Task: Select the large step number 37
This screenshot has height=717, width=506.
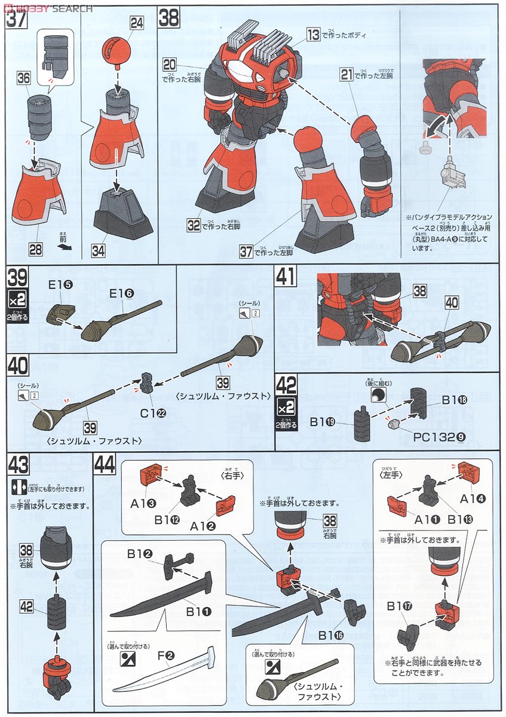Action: [x=16, y=19]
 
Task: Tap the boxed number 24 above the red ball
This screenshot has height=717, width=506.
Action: [x=137, y=23]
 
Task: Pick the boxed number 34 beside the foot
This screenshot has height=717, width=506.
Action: [x=98, y=251]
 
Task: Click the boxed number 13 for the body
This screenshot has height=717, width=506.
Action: [x=314, y=35]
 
